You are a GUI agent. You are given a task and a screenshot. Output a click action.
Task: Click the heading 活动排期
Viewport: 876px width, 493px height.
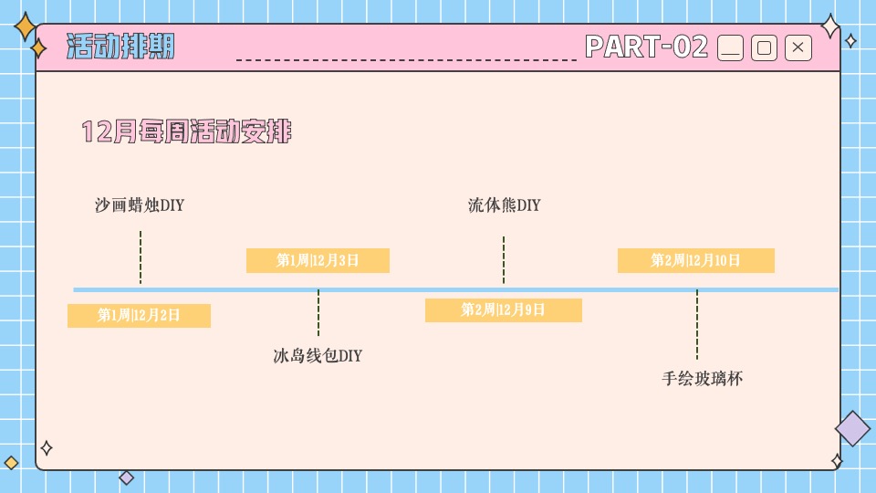pyautogui.click(x=120, y=47)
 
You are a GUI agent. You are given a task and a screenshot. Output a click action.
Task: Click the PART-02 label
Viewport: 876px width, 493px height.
pyautogui.click(x=646, y=47)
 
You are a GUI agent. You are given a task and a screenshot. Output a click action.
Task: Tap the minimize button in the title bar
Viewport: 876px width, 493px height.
pyautogui.click(x=731, y=48)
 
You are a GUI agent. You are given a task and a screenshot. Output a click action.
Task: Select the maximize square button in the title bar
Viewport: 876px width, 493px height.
pyautogui.click(x=765, y=48)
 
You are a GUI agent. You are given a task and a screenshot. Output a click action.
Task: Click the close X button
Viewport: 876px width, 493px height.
pyautogui.click(x=798, y=48)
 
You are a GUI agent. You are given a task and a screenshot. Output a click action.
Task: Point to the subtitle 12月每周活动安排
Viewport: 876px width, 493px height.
pyautogui.click(x=186, y=132)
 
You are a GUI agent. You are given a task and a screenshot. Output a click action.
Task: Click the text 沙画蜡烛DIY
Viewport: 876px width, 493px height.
pyautogui.click(x=140, y=205)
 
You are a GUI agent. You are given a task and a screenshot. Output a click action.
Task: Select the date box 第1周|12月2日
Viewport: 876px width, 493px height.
pyautogui.click(x=139, y=316)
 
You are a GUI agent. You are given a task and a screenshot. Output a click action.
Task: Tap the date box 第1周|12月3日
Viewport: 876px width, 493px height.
pyautogui.click(x=318, y=261)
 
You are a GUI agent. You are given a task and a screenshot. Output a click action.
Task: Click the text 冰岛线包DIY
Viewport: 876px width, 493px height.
pyautogui.click(x=318, y=356)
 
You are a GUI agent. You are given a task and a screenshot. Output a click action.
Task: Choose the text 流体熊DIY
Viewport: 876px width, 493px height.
pyautogui.click(x=504, y=205)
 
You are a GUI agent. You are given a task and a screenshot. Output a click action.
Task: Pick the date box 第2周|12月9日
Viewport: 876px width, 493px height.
pyautogui.click(x=503, y=310)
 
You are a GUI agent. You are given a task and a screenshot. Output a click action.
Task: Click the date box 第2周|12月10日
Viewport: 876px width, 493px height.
pyautogui.click(x=695, y=261)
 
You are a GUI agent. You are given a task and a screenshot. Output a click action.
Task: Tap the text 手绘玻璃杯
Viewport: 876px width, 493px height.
pyautogui.click(x=702, y=378)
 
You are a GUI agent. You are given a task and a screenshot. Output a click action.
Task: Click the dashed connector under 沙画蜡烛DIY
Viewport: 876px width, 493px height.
pyautogui.click(x=141, y=257)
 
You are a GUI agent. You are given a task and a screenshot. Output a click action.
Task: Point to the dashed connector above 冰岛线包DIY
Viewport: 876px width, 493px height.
pyautogui.click(x=318, y=313)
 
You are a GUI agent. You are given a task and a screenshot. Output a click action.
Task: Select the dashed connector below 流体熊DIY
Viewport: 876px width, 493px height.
pyautogui.click(x=504, y=260)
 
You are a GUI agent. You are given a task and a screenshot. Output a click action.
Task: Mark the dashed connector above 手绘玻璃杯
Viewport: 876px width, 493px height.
pyautogui.click(x=697, y=324)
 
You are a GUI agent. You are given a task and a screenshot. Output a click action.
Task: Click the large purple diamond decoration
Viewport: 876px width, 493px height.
pyautogui.click(x=853, y=428)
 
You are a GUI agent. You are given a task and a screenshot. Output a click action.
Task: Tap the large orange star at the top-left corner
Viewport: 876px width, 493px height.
pyautogui.click(x=26, y=27)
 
